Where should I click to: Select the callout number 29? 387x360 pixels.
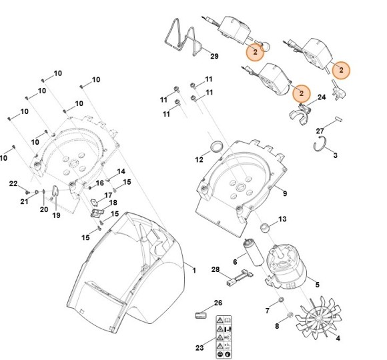pos(214,55)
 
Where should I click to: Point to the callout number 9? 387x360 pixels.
pos(284,194)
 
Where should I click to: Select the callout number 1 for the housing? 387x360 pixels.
pos(193,270)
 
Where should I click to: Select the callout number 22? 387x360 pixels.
pos(13,183)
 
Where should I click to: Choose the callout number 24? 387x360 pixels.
pos(321,97)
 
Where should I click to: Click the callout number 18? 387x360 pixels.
pos(113,203)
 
